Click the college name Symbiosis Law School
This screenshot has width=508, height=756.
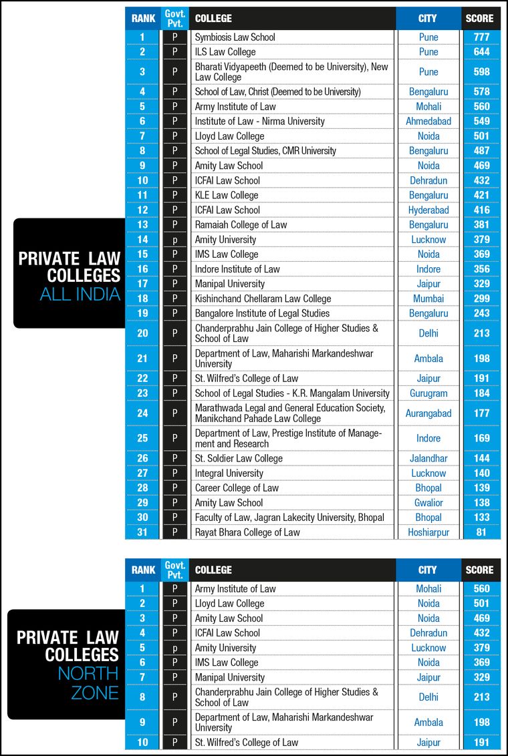(x=235, y=37)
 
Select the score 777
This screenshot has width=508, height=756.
(x=481, y=37)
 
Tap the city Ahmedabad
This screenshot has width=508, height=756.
(x=428, y=121)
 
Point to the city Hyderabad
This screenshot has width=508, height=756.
(x=428, y=210)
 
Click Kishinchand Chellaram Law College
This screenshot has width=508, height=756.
(x=263, y=299)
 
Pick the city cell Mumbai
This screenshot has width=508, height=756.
(x=428, y=299)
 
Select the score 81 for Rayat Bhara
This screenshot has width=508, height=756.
(x=481, y=532)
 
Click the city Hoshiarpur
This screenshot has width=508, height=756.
(x=428, y=532)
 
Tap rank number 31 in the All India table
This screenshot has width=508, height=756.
(x=143, y=532)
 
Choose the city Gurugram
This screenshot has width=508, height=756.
(x=428, y=393)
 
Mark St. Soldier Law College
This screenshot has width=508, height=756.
(x=239, y=458)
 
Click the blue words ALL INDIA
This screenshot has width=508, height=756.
(x=80, y=294)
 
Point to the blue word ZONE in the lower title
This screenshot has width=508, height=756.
(x=95, y=692)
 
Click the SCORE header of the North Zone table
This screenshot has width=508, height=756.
(x=481, y=570)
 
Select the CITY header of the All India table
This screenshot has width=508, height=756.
(x=428, y=19)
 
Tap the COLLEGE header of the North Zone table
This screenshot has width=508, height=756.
(x=213, y=570)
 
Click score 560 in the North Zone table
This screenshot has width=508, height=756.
(x=481, y=588)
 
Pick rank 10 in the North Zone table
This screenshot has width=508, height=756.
(x=143, y=742)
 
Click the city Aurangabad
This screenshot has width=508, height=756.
(x=428, y=413)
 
